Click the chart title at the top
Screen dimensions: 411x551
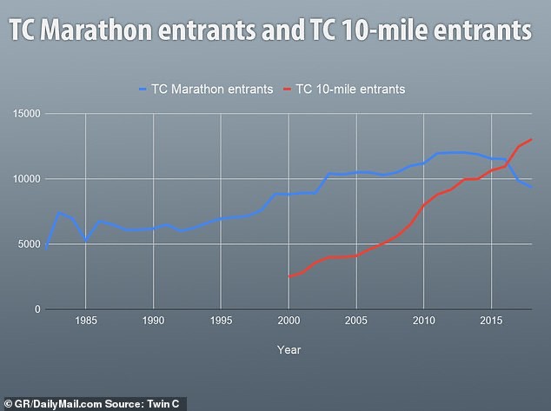coord(271,31)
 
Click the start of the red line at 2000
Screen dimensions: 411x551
coord(289,276)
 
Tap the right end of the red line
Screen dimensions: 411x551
coord(532,140)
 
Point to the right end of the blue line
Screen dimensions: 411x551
coord(532,187)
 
